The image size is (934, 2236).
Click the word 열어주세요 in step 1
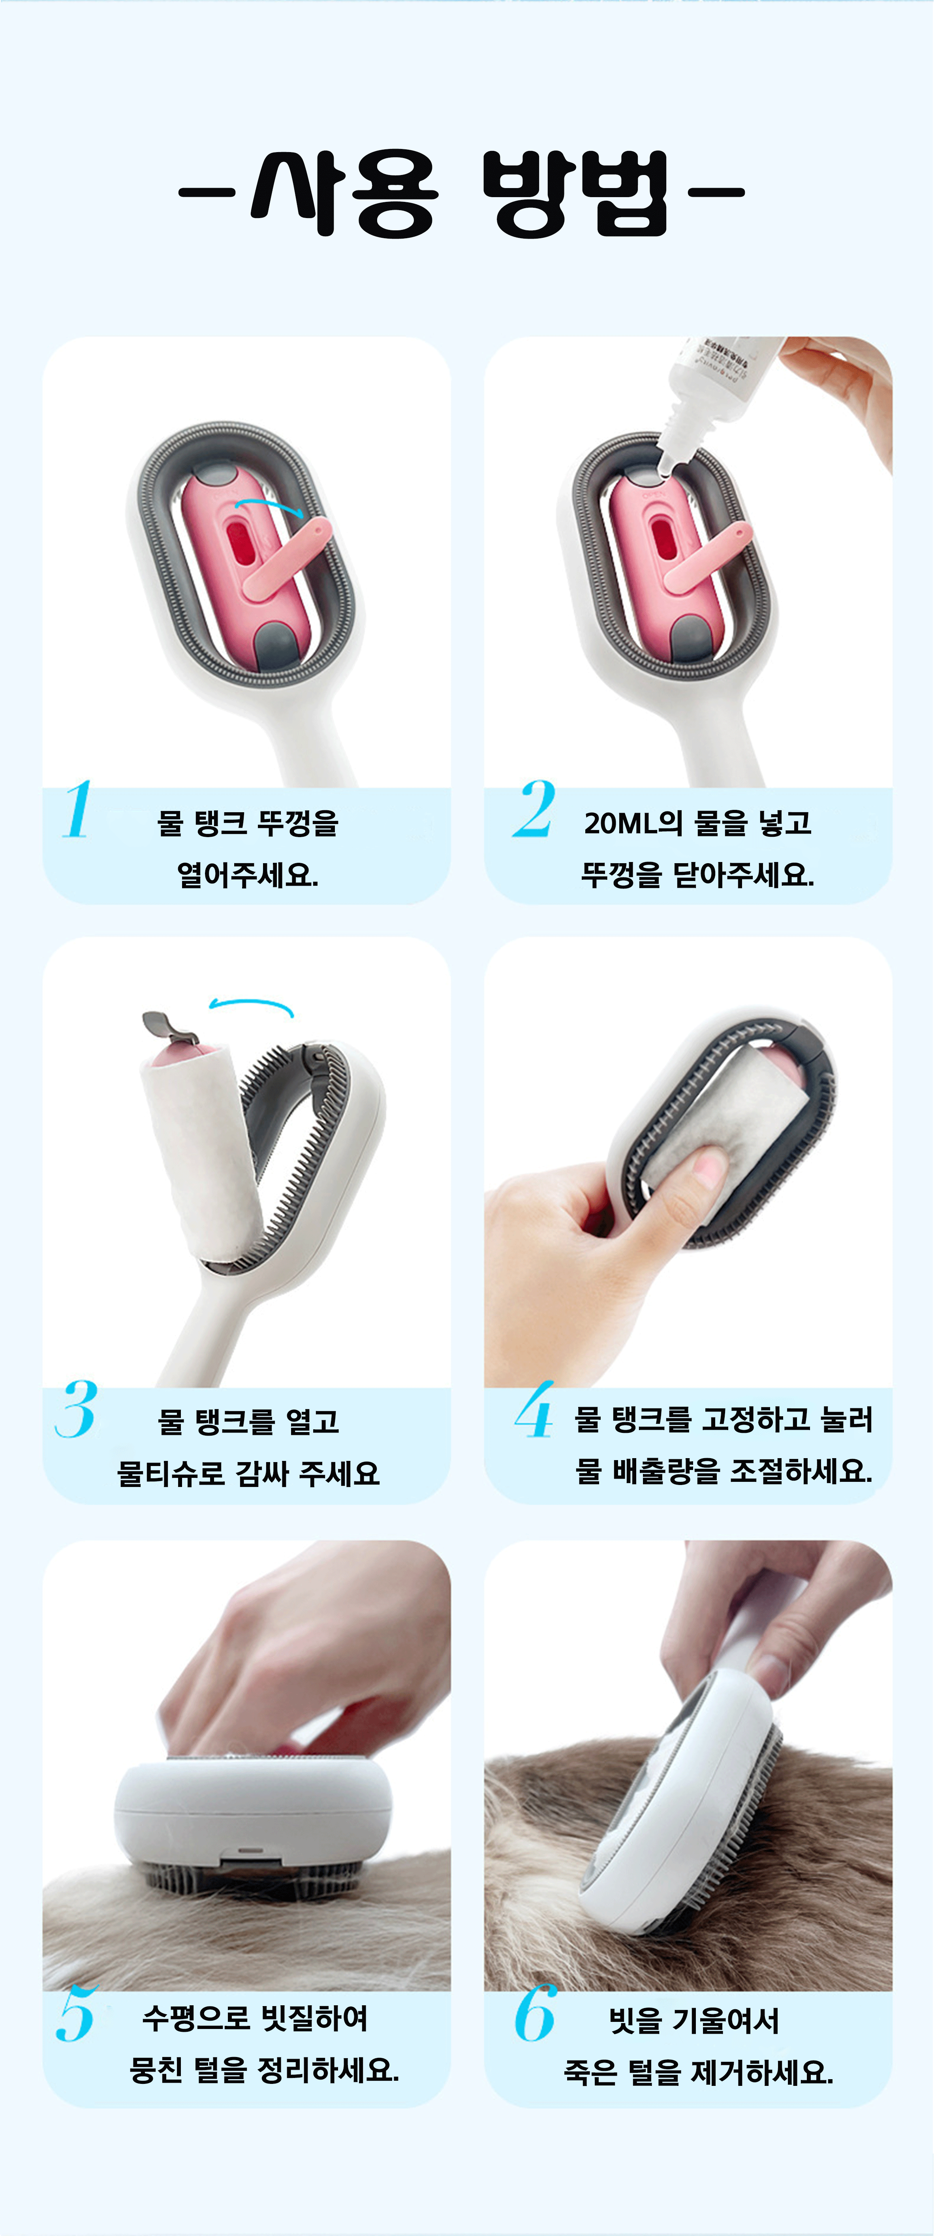click(x=247, y=874)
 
